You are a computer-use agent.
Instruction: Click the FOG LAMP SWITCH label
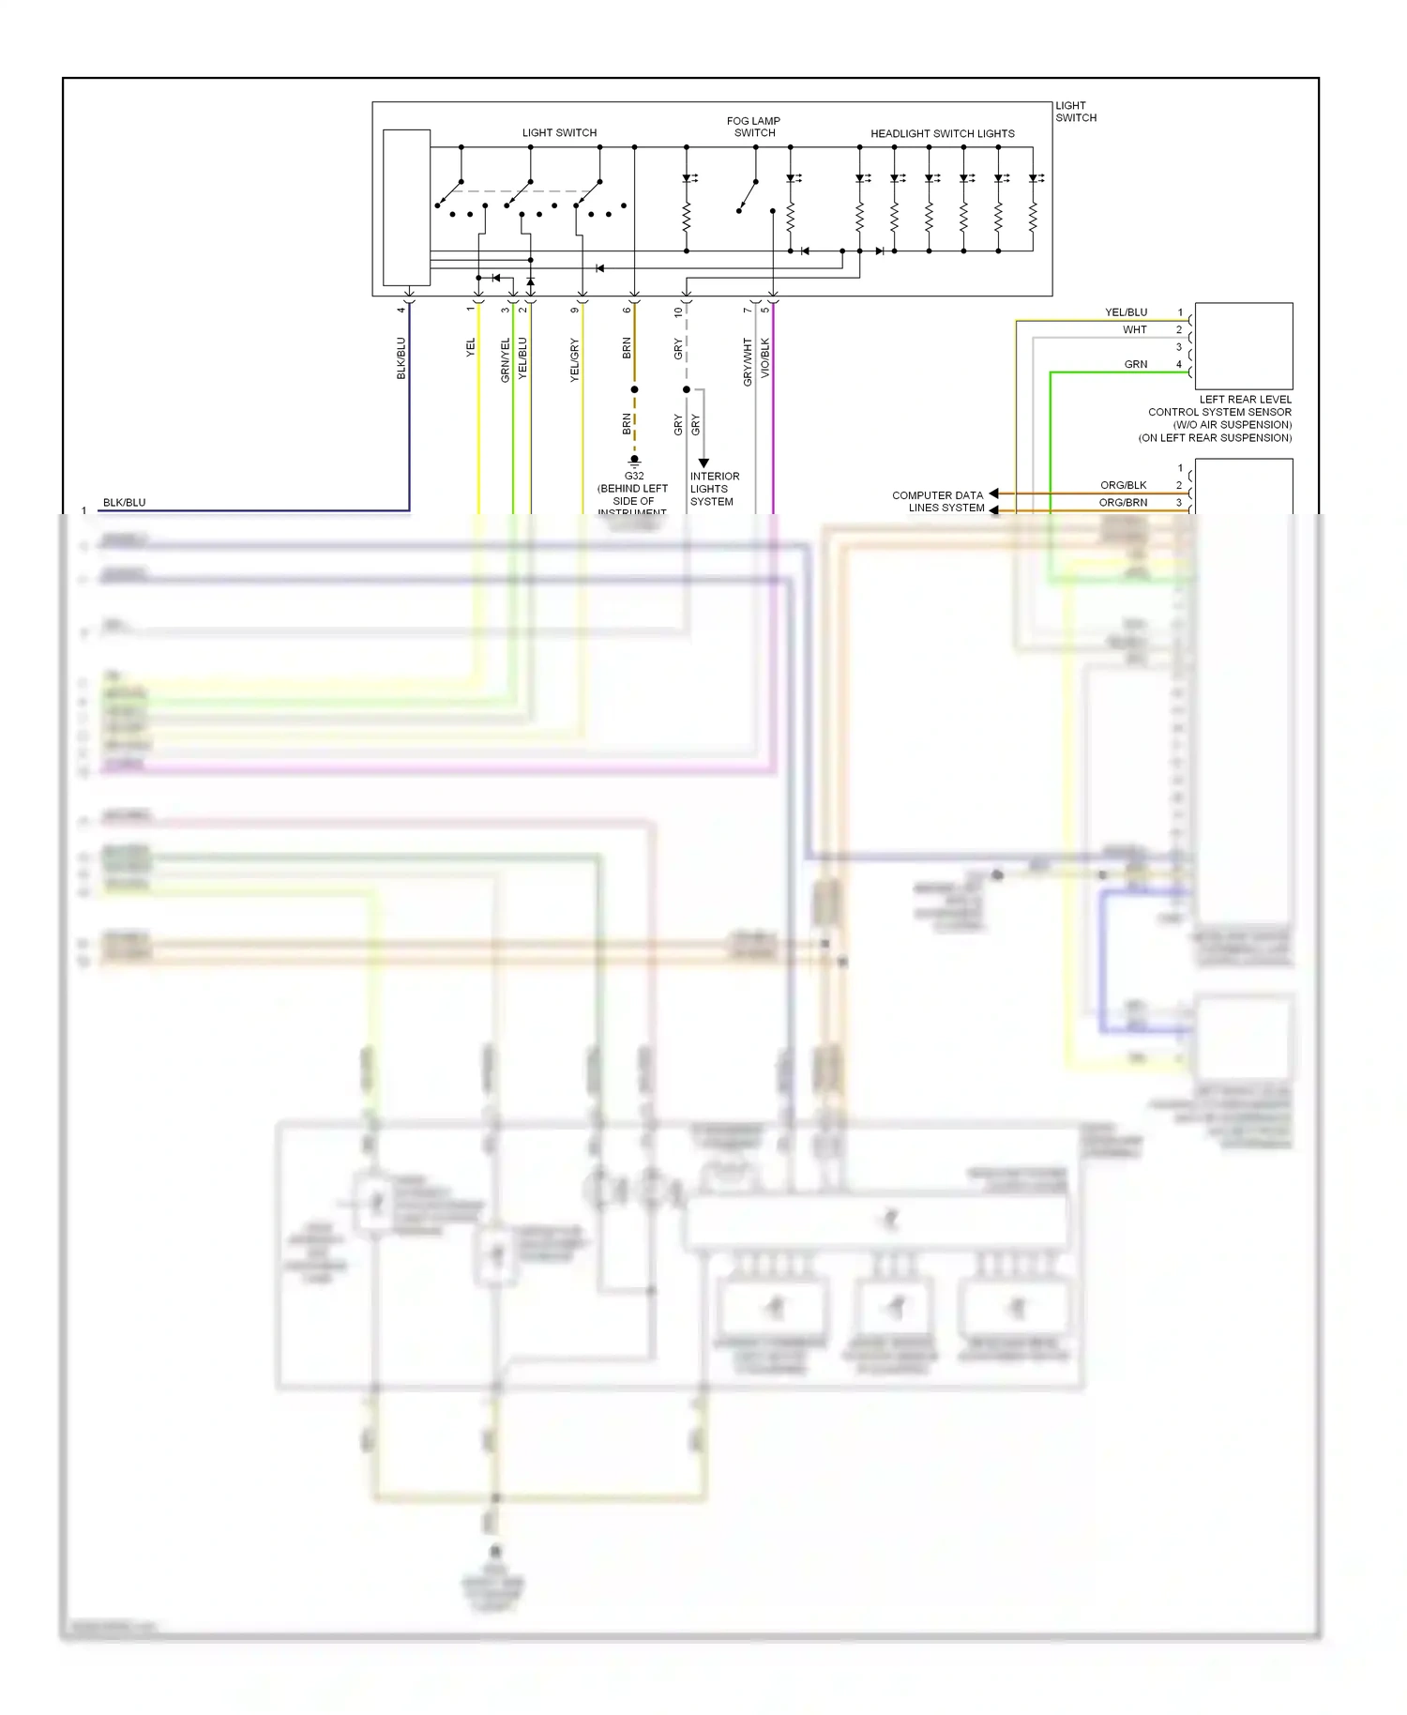coord(753,127)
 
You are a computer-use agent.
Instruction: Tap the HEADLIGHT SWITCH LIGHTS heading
coord(942,133)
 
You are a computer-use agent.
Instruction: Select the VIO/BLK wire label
coord(765,358)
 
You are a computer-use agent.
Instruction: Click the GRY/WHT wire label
coord(748,362)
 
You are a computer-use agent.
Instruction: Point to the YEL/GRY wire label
coord(575,360)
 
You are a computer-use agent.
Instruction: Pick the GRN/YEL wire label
coord(505,360)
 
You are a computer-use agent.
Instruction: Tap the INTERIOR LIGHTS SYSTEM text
coord(714,489)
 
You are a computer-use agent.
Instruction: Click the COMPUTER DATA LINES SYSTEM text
coord(938,501)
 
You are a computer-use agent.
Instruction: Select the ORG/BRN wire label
coord(1123,503)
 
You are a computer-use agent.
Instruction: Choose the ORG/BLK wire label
coord(1123,485)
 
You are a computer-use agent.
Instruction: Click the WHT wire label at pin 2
coord(1134,330)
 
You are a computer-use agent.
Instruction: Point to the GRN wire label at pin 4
coord(1135,364)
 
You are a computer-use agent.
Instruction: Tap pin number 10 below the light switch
coord(678,311)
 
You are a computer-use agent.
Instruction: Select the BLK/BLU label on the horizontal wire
coord(124,503)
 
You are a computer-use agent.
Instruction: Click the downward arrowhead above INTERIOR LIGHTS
coord(703,463)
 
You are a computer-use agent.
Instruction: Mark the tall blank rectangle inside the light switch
coord(406,207)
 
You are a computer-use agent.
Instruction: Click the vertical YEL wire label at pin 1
coord(471,347)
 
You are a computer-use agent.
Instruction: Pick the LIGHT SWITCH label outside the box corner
coord(1075,112)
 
